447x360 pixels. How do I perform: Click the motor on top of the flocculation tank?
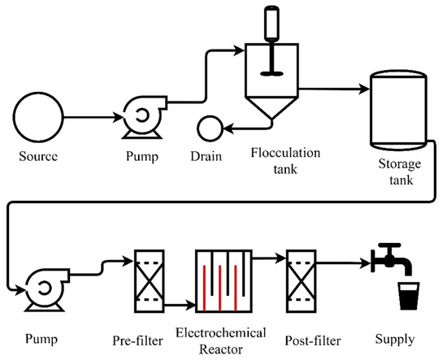[271, 24]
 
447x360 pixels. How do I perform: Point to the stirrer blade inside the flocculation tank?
[271, 73]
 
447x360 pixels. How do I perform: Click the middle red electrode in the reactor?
[219, 288]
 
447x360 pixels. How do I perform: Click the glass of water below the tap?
[409, 296]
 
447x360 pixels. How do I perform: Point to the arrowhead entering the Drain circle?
[228, 128]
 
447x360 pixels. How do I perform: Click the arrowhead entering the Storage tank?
[364, 89]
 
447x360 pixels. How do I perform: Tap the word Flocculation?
[285, 153]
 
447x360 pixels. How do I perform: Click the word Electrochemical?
[220, 332]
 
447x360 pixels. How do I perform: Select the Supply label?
[394, 339]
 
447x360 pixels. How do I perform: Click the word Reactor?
[221, 349]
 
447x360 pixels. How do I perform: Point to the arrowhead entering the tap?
[366, 262]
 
